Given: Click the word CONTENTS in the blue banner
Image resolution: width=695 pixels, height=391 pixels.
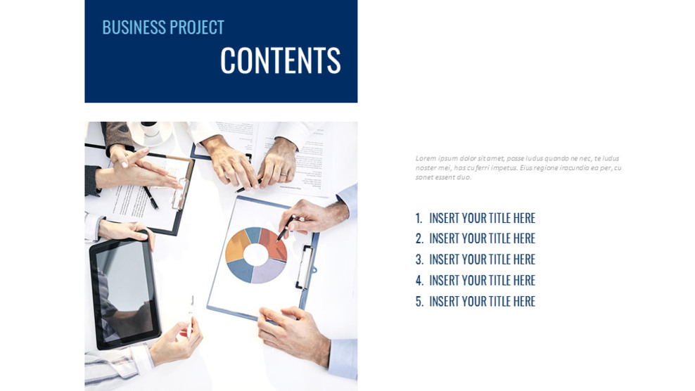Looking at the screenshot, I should [280, 60].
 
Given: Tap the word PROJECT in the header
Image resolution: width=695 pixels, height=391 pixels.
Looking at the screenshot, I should [198, 27].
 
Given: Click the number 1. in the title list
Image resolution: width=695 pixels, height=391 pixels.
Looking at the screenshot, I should [419, 219].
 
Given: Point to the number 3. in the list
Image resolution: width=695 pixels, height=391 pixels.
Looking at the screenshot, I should [419, 260].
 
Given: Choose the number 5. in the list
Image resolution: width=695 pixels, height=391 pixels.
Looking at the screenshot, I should [419, 302].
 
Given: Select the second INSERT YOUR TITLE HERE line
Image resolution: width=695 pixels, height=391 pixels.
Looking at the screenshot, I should [482, 239].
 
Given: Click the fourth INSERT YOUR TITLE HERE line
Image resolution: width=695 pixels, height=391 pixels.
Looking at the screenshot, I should [482, 281].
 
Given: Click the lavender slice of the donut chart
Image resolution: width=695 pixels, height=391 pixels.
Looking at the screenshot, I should [267, 271].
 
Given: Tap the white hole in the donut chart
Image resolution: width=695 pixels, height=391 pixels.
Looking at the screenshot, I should [255, 255].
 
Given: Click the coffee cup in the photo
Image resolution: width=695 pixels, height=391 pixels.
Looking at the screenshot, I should [150, 131].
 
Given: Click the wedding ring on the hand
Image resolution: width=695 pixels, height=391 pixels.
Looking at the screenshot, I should [283, 172].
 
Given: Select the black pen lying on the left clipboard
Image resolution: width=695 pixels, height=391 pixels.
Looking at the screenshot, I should [151, 196].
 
